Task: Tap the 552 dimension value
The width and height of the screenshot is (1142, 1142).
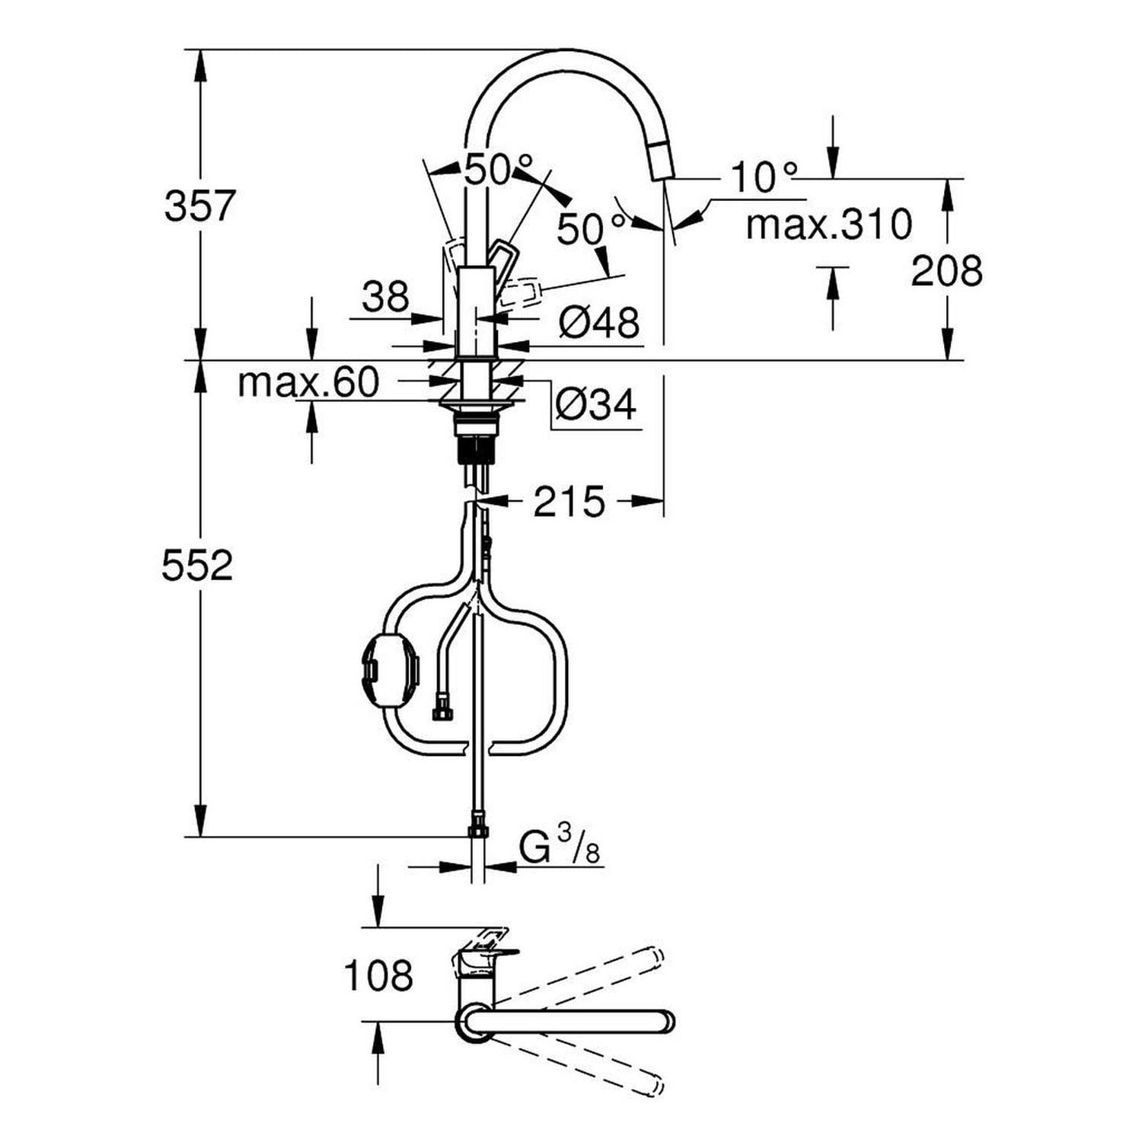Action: [x=197, y=566]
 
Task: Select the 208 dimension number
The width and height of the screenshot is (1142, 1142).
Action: [x=946, y=270]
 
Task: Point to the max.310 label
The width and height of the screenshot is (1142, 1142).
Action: [x=828, y=224]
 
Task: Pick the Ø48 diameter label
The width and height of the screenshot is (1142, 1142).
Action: [x=598, y=323]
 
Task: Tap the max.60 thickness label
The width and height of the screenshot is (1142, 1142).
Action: [x=308, y=382]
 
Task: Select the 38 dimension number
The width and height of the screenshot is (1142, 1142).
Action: [x=385, y=296]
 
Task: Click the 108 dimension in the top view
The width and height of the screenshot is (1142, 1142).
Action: [x=378, y=975]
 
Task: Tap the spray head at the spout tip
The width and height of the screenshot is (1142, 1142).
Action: [x=662, y=162]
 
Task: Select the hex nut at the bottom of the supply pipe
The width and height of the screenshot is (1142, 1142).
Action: [x=477, y=825]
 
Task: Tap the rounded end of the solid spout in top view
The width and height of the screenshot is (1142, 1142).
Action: [x=665, y=1021]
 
